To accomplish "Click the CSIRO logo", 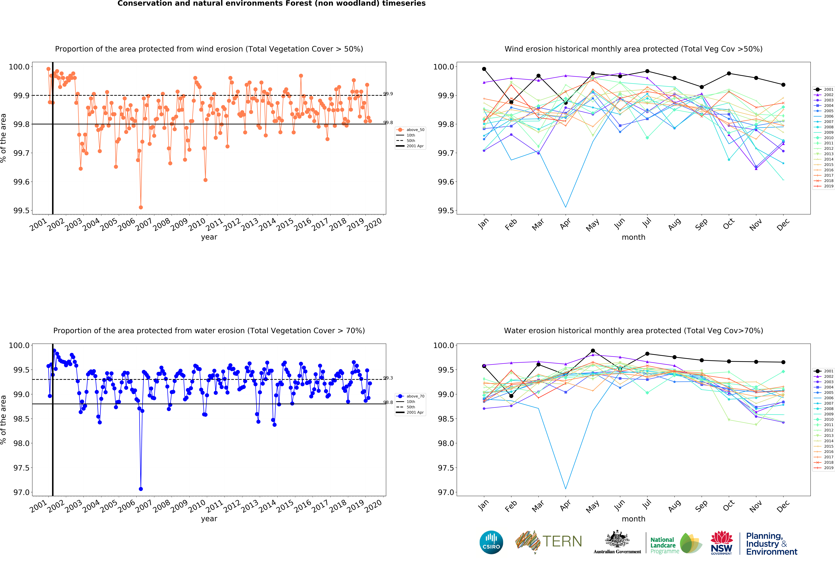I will tap(491, 542).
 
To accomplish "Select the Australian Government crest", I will tap(617, 539).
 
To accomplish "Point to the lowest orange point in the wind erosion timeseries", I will tap(141, 207).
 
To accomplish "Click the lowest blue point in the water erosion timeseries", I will tap(141, 489).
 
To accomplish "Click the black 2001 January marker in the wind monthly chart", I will tap(484, 69).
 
